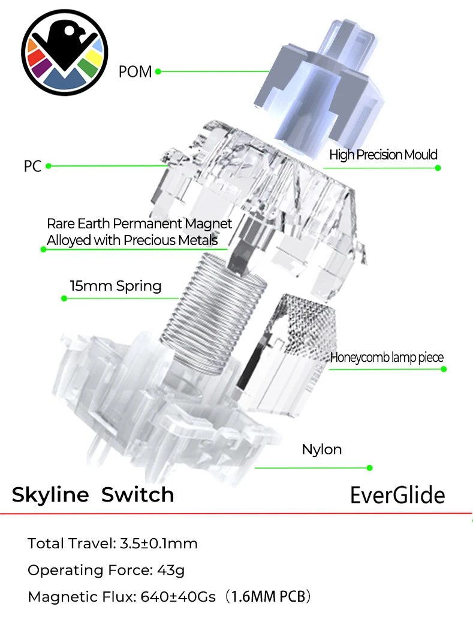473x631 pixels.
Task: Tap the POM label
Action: (135, 72)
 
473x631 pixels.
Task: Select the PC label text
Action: (32, 166)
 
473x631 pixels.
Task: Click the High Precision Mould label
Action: (383, 155)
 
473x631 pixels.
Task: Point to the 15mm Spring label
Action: (115, 286)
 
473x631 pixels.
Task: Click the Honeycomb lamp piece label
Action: (387, 358)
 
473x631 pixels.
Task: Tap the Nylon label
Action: (321, 449)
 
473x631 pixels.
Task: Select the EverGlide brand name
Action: (397, 496)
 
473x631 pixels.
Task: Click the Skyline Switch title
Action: (93, 495)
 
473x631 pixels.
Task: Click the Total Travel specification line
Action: (113, 544)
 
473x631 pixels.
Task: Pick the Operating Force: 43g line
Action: (106, 570)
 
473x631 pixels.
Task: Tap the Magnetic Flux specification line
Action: (170, 597)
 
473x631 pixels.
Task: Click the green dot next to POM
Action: (158, 72)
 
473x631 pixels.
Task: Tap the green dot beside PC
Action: (49, 166)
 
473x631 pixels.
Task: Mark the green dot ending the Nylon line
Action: (369, 467)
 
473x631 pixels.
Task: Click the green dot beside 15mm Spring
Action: (64, 298)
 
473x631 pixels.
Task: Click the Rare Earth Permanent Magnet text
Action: (139, 225)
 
